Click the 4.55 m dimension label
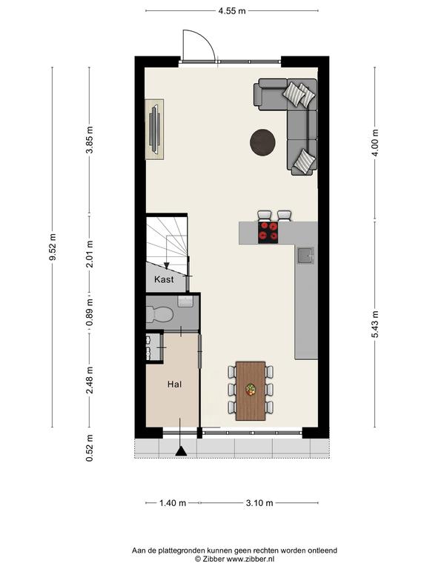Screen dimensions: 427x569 [x=232, y=11]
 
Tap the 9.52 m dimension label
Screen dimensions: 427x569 [x=53, y=247]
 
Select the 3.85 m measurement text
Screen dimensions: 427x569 [x=90, y=140]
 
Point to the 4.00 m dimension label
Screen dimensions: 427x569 [x=375, y=142]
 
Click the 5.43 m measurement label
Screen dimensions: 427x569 [x=375, y=324]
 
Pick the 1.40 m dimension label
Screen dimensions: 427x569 [x=173, y=503]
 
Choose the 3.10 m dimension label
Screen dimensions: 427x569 [x=259, y=503]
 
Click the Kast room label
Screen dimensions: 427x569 [x=164, y=279]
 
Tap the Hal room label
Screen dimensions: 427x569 [x=174, y=384]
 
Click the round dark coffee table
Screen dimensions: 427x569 [x=262, y=142]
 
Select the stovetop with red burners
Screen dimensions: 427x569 [x=268, y=233]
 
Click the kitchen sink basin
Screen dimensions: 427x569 [x=305, y=256]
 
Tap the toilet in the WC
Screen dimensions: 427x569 [x=159, y=314]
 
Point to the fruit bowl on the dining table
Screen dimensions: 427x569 [x=250, y=389]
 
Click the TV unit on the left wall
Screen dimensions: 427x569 [x=155, y=129]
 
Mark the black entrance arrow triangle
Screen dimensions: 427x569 [x=181, y=451]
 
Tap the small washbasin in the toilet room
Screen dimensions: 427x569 [x=185, y=302]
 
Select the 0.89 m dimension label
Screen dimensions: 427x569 [x=90, y=313]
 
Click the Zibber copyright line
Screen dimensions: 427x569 [x=234, y=559]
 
